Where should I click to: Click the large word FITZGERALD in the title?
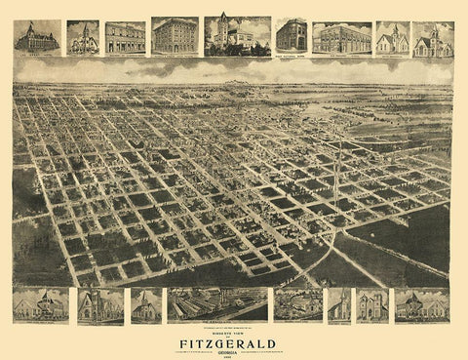[235, 341]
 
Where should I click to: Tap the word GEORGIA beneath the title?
[235, 351]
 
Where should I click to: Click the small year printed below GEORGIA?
[235, 356]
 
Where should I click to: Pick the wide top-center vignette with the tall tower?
[237, 35]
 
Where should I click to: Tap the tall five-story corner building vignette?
[175, 35]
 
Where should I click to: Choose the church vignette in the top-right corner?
[432, 38]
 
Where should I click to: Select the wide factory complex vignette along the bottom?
[216, 304]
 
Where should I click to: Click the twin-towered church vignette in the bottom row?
[372, 304]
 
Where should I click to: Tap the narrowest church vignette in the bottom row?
[339, 304]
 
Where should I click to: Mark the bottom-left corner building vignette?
[39, 304]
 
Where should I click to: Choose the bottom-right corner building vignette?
[422, 304]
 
